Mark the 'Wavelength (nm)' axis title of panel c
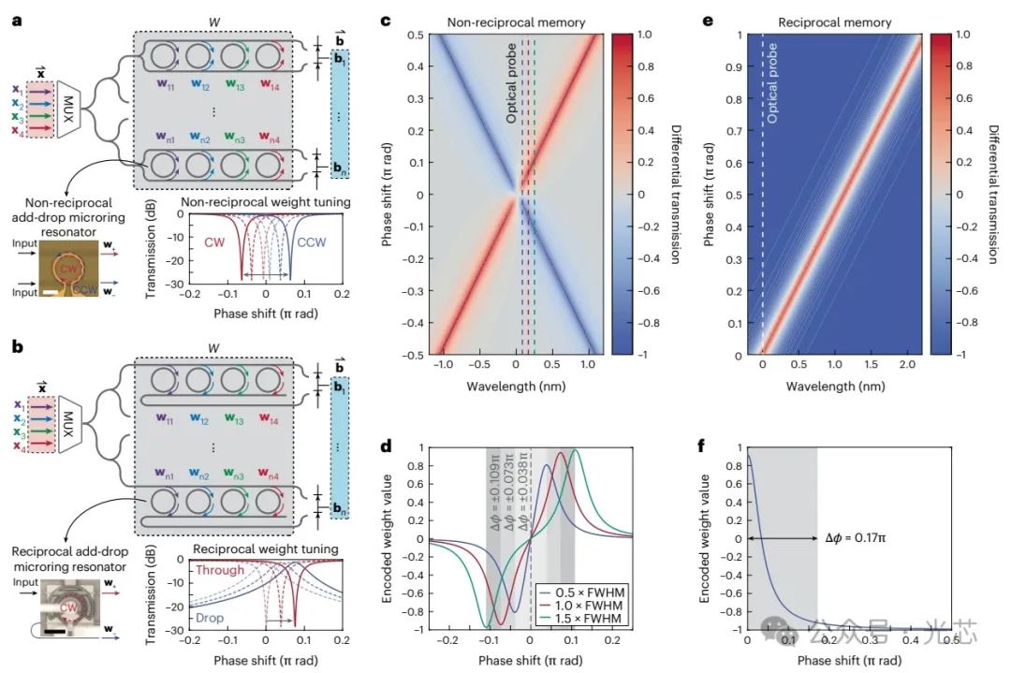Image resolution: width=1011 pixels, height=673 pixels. [508, 385]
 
